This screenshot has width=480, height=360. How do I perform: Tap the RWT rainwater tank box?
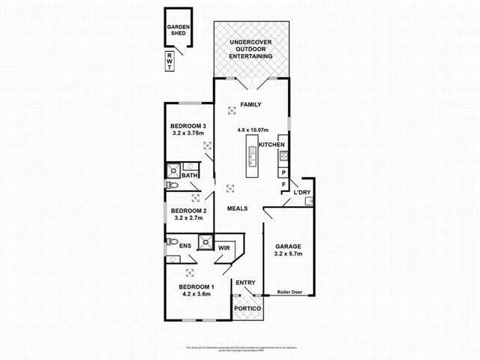click(169, 61)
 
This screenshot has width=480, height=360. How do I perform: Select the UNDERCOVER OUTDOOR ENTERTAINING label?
click(251, 49)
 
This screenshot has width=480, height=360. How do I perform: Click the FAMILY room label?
click(250, 104)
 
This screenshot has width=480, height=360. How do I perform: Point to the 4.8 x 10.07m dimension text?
click(251, 129)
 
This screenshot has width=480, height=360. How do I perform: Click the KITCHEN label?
click(271, 145)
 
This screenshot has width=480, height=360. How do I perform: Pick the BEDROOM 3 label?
click(187, 125)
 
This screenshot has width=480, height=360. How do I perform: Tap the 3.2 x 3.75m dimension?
click(187, 134)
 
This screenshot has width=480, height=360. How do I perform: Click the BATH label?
click(189, 176)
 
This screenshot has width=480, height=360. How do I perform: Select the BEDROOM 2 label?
click(187, 211)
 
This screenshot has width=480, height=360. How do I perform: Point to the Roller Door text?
click(289, 291)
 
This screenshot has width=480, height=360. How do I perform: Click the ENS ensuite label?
click(184, 245)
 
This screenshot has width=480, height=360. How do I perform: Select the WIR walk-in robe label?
click(224, 247)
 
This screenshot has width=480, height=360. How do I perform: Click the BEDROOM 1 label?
click(196, 287)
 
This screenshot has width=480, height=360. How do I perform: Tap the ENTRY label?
click(245, 283)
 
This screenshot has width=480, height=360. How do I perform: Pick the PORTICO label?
click(247, 309)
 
